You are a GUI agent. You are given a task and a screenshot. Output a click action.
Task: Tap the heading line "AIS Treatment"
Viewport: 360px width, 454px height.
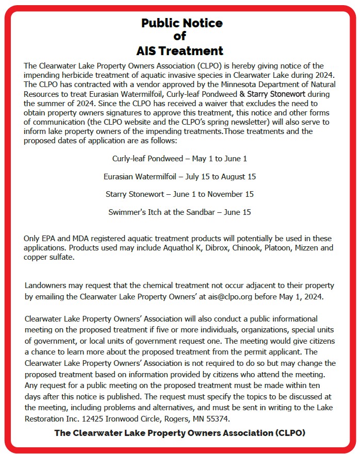(179, 51)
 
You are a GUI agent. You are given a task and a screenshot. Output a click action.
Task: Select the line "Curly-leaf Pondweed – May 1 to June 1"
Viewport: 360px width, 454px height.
(179, 158)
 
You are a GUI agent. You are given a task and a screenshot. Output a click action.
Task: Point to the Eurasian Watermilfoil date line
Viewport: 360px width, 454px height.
(179, 176)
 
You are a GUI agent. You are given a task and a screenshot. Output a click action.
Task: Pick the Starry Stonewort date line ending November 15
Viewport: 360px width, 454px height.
(179, 194)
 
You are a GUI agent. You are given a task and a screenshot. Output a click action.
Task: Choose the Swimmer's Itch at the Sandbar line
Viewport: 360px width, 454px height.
(179, 212)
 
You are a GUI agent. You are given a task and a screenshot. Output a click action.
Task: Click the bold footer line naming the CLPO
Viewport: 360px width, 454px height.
(179, 433)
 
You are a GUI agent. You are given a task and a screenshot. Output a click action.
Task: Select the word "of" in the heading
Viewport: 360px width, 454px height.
(179, 37)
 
